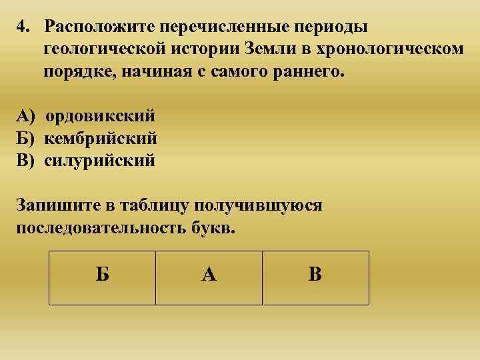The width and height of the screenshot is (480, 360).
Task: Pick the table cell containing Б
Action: pyautogui.click(x=103, y=277)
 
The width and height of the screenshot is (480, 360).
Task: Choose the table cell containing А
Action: pyautogui.click(x=209, y=277)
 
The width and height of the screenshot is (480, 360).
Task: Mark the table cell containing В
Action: pyautogui.click(x=315, y=277)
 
